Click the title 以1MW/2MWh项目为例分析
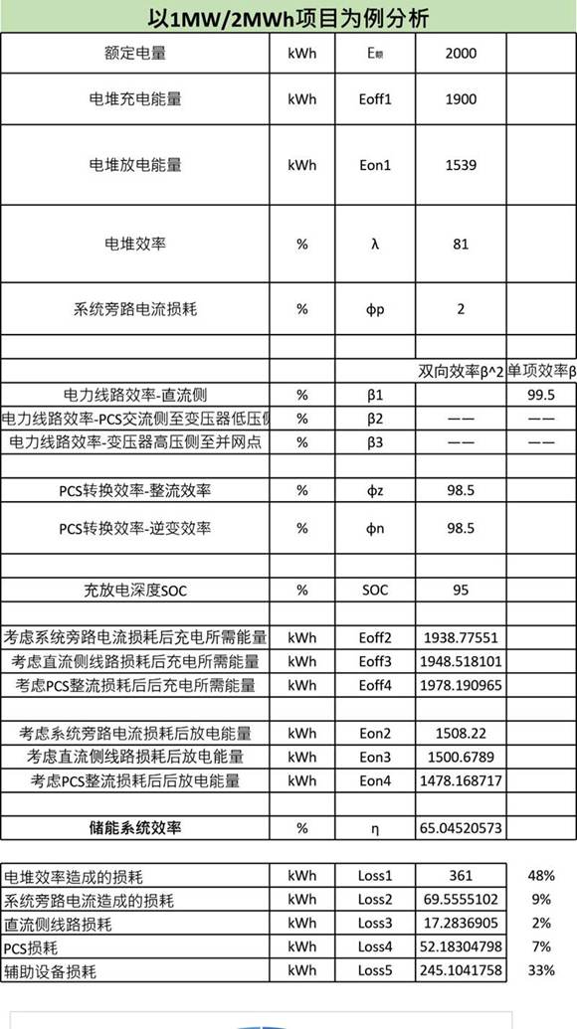[x=288, y=19]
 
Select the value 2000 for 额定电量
[x=461, y=54]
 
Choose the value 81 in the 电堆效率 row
[x=461, y=243]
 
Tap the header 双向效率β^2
[x=461, y=372]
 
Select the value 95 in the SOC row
[x=461, y=591]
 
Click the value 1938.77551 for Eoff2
[x=461, y=637]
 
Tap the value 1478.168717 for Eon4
[x=461, y=781]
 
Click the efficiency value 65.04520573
[x=461, y=827]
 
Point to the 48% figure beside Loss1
[x=540, y=877]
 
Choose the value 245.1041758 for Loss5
[x=461, y=970]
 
